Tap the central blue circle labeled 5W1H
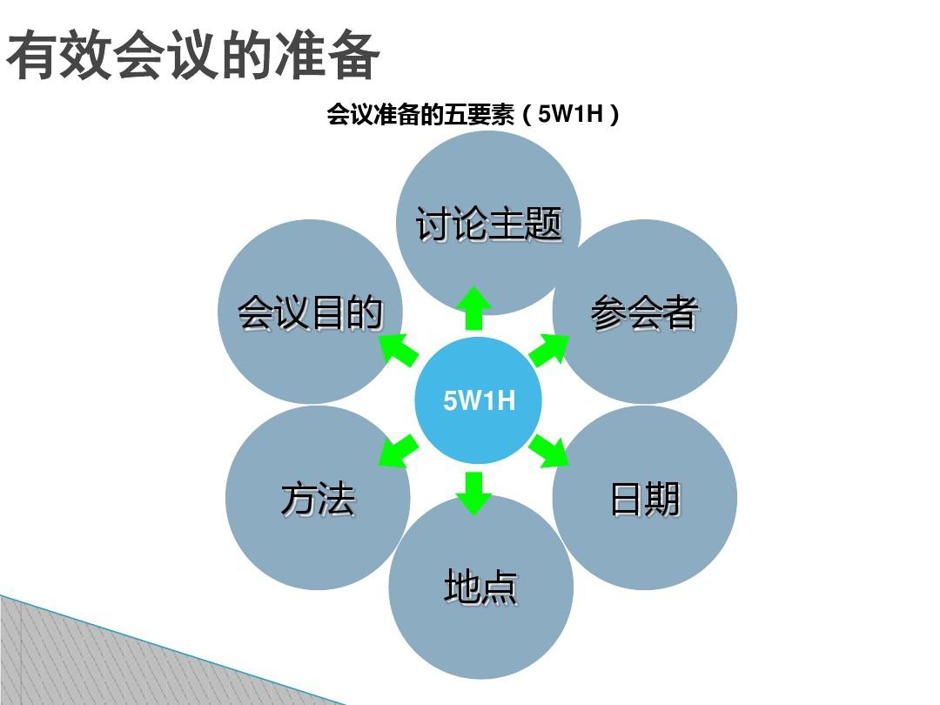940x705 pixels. pos(479,400)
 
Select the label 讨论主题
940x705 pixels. pos(488,225)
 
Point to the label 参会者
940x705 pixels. pos(644,313)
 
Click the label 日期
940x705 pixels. pos(645,500)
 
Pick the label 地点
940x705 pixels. pos(480,587)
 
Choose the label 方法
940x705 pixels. pos(318,500)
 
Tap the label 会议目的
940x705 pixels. pos(310,313)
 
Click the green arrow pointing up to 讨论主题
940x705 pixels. pos(473,308)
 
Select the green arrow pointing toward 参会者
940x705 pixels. pos(549,349)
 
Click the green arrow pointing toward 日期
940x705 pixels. pos(549,450)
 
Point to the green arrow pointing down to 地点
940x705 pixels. pos(473,492)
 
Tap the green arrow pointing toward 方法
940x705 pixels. pos(399,451)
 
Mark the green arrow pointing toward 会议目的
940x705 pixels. pos(399,349)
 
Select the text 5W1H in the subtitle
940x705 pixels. pos(571,115)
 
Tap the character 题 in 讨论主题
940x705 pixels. pos(542,225)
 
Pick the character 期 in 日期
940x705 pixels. pos(662,500)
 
